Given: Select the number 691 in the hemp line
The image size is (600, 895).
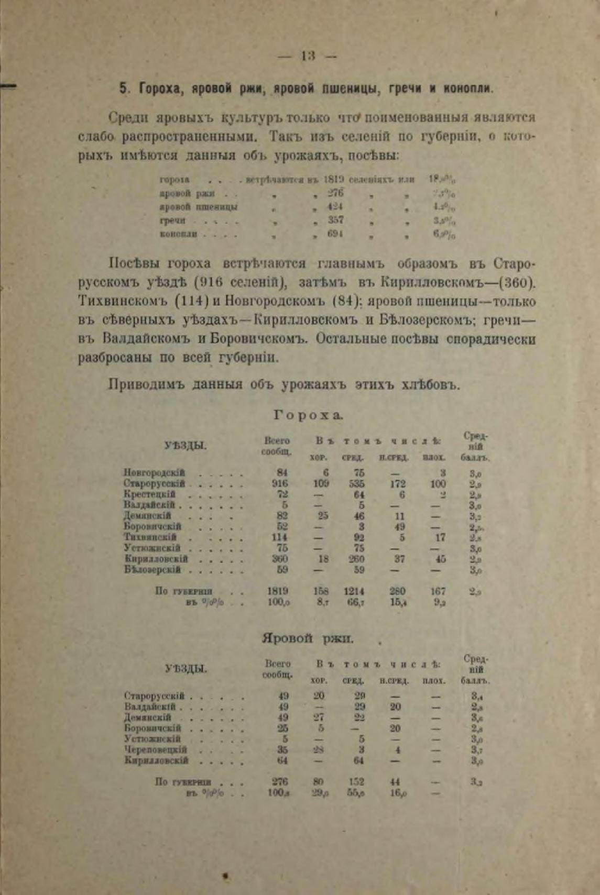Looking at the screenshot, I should (x=335, y=234).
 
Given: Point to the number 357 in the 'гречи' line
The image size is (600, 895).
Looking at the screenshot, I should (x=335, y=220).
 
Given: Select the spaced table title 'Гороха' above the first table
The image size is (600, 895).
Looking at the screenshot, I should (x=308, y=415).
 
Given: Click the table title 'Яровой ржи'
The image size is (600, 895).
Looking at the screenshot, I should (x=308, y=638).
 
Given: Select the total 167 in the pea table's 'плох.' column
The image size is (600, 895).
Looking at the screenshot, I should (x=438, y=591).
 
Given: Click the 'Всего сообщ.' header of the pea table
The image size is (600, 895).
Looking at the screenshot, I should (x=277, y=446).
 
